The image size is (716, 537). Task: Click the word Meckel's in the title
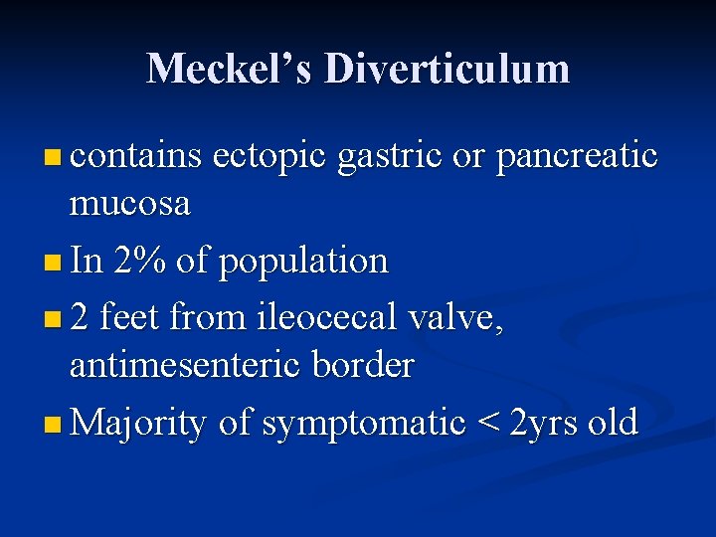point(229,69)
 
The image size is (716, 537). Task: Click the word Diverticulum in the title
point(447,69)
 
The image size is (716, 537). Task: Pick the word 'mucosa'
point(129,204)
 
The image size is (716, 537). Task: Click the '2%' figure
point(139,262)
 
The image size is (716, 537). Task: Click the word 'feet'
point(128,318)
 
